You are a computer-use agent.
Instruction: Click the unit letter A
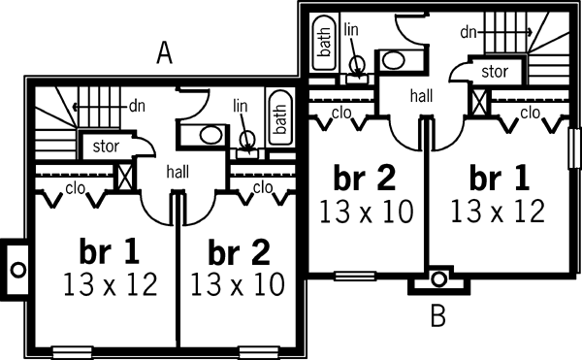click(165, 54)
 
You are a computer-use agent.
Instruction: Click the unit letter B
click(437, 314)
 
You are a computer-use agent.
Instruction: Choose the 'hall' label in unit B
click(422, 95)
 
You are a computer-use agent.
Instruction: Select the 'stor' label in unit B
click(495, 71)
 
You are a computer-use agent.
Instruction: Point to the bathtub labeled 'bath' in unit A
click(279, 119)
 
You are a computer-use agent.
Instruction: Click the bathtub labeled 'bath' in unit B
click(323, 43)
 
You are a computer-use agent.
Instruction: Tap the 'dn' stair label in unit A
click(136, 104)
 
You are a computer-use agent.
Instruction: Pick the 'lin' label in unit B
click(351, 30)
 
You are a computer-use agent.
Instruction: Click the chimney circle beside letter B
click(438, 279)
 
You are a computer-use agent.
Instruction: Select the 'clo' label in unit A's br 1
click(73, 187)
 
